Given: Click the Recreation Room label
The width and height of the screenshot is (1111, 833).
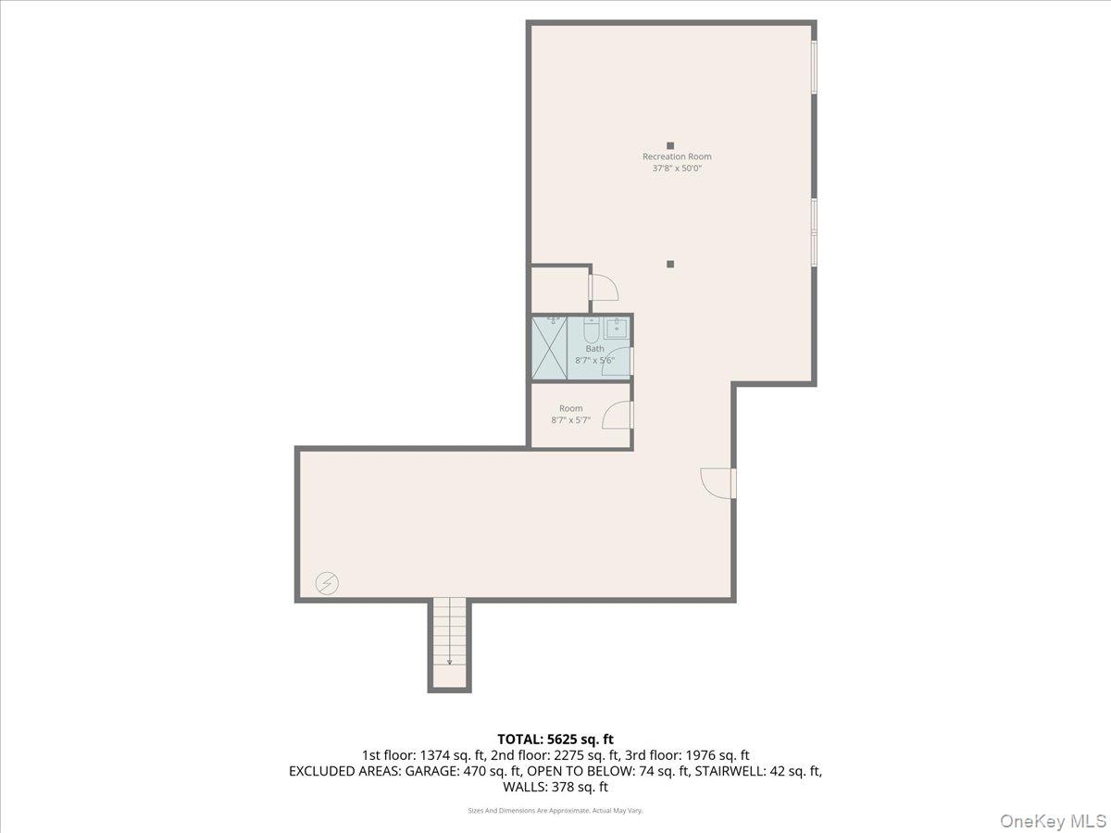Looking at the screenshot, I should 677,156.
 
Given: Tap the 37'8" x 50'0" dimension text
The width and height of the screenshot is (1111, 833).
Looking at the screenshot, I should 677,168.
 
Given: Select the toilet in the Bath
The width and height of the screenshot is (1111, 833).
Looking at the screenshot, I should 591,329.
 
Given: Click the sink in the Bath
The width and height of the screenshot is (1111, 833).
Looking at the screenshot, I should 617,328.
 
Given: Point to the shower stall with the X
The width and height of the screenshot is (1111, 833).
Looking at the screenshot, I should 548,348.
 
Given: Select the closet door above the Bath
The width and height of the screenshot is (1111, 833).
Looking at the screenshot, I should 604,287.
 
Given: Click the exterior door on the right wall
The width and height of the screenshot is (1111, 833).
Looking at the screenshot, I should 718,482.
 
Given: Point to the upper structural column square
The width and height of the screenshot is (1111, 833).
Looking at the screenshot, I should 670,145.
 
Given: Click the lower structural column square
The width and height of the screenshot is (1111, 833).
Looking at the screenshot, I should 670,264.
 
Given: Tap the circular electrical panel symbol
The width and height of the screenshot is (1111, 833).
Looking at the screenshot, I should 327,583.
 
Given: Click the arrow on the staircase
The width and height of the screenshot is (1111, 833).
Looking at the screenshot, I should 450,661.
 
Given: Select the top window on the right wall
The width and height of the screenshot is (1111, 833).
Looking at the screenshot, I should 814,68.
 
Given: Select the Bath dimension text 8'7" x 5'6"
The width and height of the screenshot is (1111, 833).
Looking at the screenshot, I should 594,360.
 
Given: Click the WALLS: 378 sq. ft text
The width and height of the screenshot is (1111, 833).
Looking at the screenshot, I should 555,788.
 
